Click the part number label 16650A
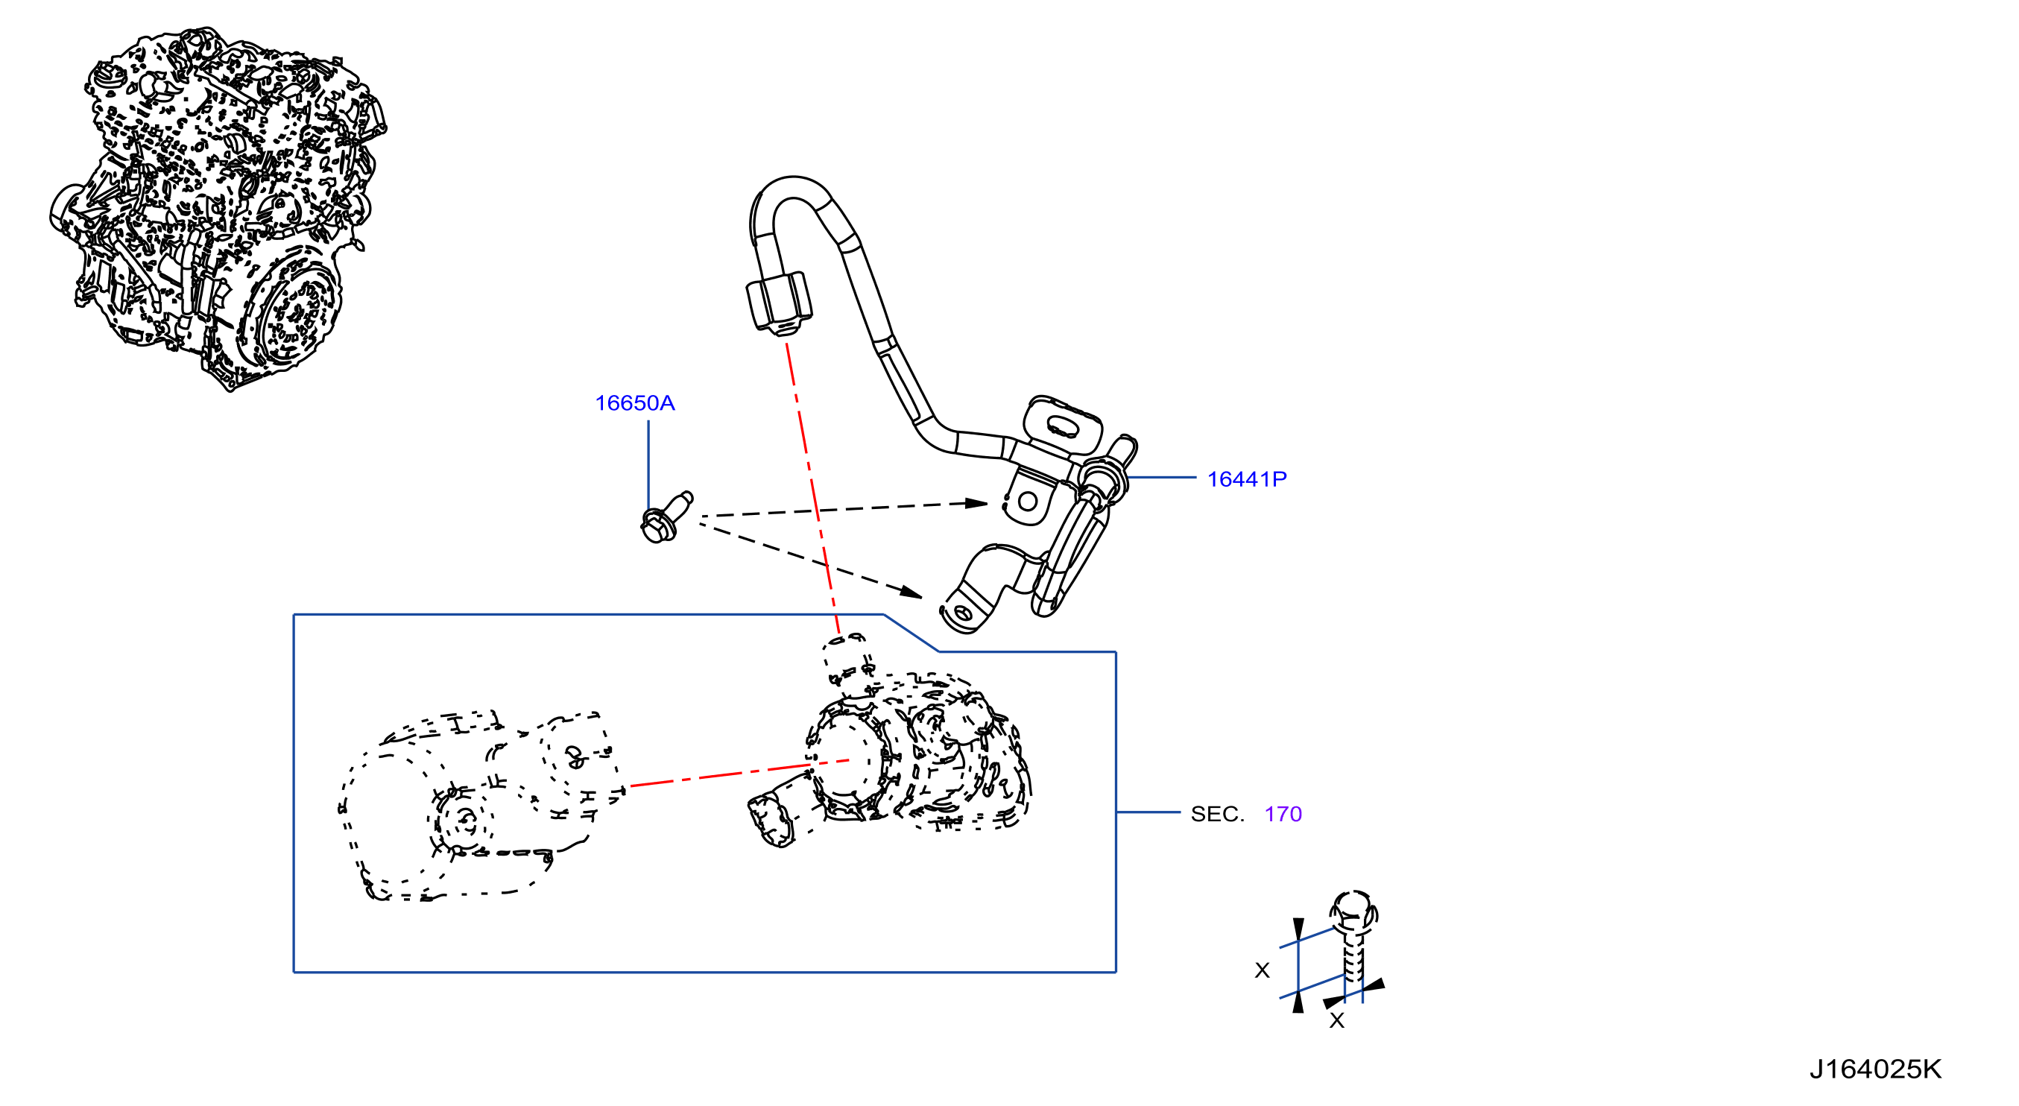click(634, 403)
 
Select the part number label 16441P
click(1246, 479)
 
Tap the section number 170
click(1283, 814)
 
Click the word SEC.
click(1217, 814)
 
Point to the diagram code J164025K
click(1875, 1069)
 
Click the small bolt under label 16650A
click(666, 517)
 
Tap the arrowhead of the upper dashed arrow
click(976, 503)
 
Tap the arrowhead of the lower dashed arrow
click(911, 591)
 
